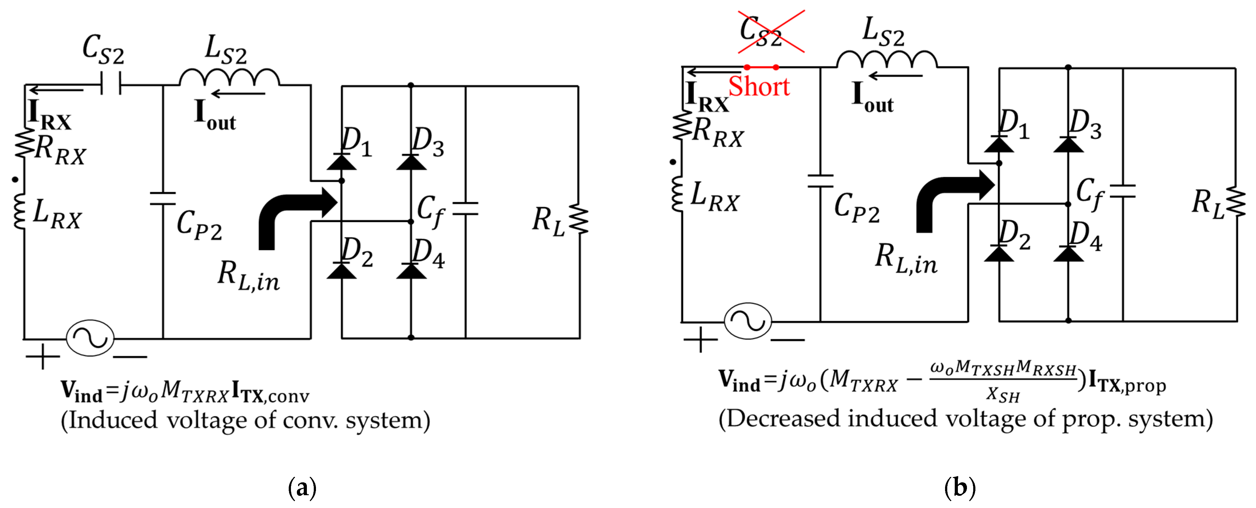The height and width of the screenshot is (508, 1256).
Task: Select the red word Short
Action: (x=759, y=87)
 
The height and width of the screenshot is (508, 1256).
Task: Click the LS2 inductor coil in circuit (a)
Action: (x=229, y=78)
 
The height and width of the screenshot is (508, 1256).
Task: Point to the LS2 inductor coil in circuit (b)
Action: (x=887, y=59)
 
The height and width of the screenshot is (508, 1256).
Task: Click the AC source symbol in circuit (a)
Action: (x=90, y=338)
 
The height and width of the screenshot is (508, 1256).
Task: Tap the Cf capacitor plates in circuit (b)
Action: (x=1122, y=191)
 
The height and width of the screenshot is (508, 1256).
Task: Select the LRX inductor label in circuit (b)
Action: (x=714, y=196)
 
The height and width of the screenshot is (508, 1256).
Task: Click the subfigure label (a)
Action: (x=302, y=488)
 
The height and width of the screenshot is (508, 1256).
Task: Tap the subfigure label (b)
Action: (x=959, y=488)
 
